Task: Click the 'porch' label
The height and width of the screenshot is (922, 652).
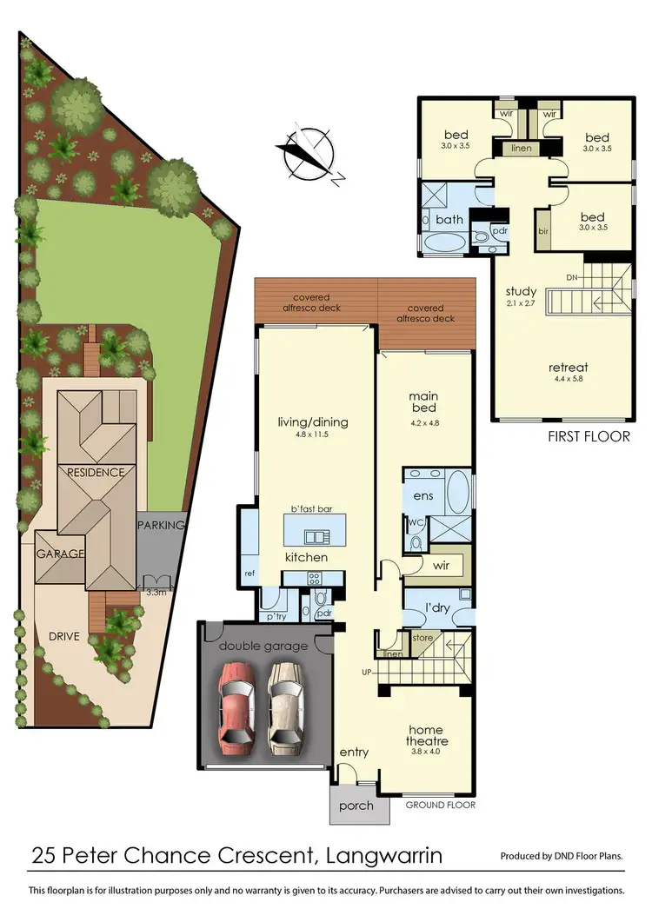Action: [x=356, y=806]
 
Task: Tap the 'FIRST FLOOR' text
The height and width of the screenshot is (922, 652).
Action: [x=589, y=436]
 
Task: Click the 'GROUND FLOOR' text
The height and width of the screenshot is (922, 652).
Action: [x=440, y=806]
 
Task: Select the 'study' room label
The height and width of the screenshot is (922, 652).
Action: [x=521, y=291]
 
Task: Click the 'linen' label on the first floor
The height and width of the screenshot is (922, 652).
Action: [x=521, y=149]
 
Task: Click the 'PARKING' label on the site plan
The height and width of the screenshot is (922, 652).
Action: [x=162, y=525]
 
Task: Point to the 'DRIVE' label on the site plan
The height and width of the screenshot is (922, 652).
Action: [x=64, y=636]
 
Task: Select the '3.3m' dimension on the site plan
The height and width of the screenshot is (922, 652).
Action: [x=157, y=593]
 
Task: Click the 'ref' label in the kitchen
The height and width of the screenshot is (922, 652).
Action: [x=249, y=573]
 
